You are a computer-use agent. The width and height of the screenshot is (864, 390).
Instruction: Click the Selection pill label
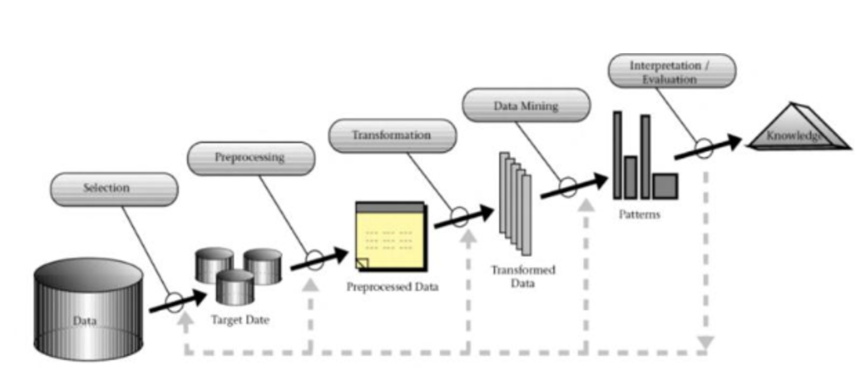pyautogui.click(x=114, y=189)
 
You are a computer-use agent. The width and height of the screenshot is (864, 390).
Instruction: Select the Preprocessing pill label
pyautogui.click(x=251, y=158)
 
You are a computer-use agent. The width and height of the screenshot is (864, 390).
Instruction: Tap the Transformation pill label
pyautogui.click(x=392, y=135)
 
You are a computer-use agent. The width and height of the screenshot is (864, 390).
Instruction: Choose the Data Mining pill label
pyautogui.click(x=526, y=105)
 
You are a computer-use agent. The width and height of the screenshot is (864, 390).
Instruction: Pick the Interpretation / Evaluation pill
pyautogui.click(x=672, y=71)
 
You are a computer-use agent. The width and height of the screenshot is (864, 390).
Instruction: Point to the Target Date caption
pyautogui.click(x=240, y=320)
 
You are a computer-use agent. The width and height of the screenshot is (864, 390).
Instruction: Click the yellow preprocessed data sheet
pyautogui.click(x=391, y=237)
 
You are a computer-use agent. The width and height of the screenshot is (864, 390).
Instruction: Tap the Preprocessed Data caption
pyautogui.click(x=392, y=287)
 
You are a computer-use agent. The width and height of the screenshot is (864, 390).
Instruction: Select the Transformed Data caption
pyautogui.click(x=523, y=276)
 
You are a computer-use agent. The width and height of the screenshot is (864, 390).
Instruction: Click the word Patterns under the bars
pyautogui.click(x=639, y=214)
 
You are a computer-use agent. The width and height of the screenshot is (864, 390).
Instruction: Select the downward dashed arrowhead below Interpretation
pyautogui.click(x=706, y=342)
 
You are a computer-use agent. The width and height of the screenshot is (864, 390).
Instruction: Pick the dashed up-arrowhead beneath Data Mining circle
pyautogui.click(x=586, y=206)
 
